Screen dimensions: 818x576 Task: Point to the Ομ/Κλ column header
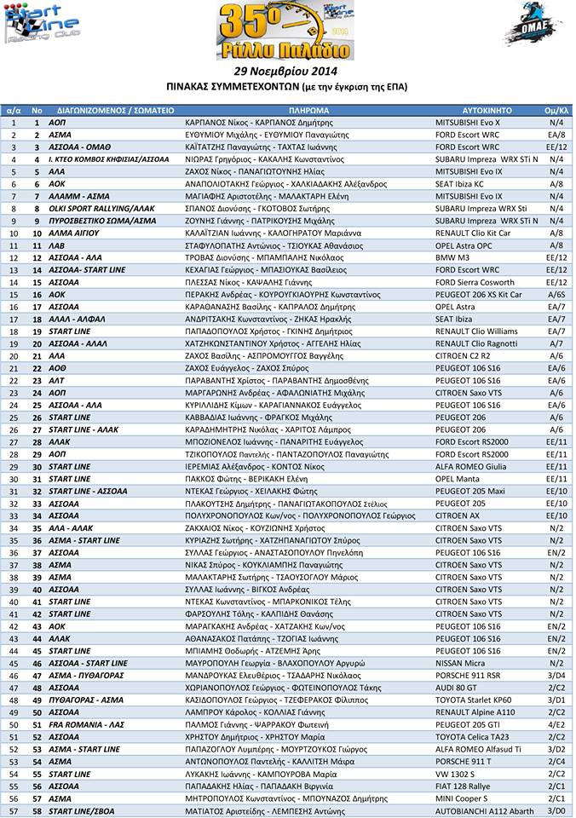pos(556,111)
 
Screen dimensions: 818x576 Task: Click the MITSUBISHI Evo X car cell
pos(468,123)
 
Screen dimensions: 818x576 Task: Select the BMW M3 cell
pos(452,257)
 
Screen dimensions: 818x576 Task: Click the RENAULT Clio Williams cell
pos(475,331)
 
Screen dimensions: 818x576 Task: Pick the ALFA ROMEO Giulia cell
pos(470,466)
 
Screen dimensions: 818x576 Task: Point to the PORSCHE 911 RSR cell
pos(469,676)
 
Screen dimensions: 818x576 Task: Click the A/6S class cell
pos(556,294)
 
